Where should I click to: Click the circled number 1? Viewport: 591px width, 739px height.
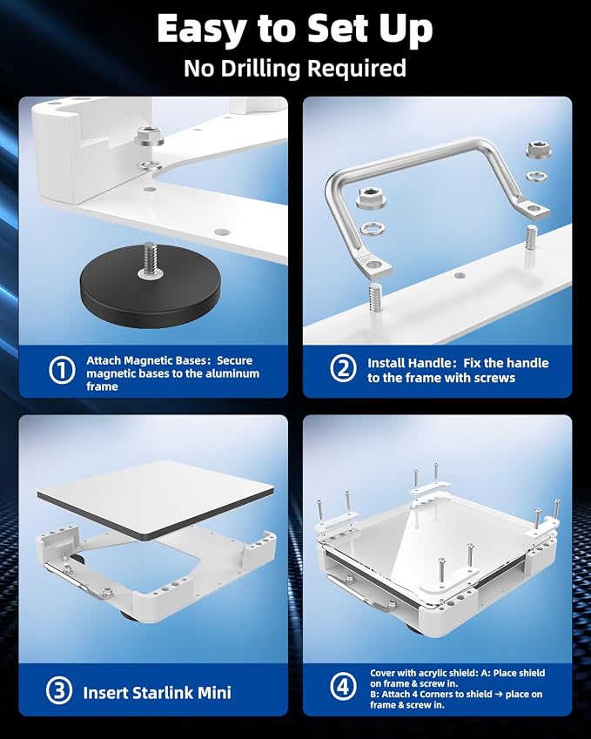click(62, 371)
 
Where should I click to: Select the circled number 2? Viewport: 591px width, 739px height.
click(343, 368)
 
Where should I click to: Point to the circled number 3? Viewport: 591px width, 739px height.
click(59, 691)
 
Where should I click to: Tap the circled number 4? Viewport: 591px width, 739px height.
click(343, 686)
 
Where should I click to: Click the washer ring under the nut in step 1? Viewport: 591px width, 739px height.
click(149, 165)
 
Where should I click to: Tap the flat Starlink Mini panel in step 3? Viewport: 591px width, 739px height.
click(156, 500)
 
